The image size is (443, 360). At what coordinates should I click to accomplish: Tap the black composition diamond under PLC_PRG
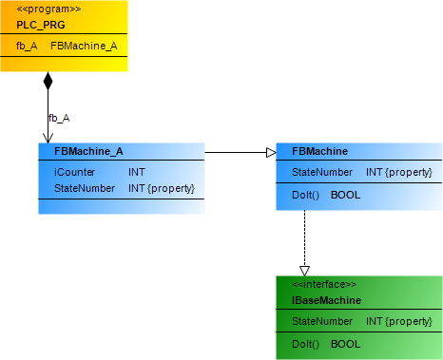pos(48,82)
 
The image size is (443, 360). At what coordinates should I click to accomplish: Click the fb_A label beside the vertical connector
pos(59,118)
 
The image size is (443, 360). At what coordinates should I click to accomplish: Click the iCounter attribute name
pos(72,173)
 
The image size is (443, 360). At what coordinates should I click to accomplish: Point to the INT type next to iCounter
pos(138,173)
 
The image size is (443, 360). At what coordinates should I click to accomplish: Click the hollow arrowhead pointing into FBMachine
pos(269,152)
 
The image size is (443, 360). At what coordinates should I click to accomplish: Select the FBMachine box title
pos(319,151)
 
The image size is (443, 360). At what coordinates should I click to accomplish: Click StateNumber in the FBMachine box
pos(322,173)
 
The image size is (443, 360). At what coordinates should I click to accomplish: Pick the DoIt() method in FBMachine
pos(305,195)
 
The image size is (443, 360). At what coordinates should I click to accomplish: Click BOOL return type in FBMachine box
pos(345,195)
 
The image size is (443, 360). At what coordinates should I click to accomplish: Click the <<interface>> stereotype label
pos(324,284)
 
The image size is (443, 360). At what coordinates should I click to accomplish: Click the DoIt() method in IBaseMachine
pos(305,343)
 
